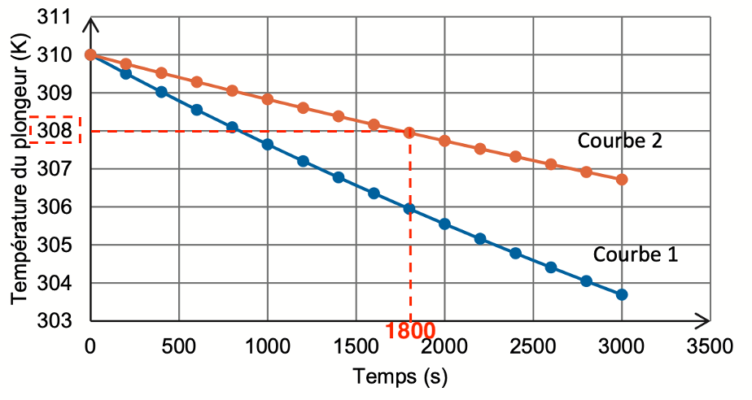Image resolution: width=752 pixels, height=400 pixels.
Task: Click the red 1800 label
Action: pyautogui.click(x=410, y=331)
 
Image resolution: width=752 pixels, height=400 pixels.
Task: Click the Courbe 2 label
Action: pyautogui.click(x=620, y=141)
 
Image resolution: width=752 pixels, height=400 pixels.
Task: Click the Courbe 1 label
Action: pyautogui.click(x=635, y=254)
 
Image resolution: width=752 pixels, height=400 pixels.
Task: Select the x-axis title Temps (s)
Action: pyautogui.click(x=400, y=377)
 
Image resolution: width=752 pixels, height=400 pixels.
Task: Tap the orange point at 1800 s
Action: pyautogui.click(x=409, y=133)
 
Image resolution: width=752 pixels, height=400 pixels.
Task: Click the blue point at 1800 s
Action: pyautogui.click(x=409, y=209)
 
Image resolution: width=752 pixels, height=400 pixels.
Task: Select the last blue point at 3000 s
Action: pyautogui.click(x=622, y=294)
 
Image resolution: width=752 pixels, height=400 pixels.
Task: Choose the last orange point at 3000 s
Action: pyautogui.click(x=622, y=179)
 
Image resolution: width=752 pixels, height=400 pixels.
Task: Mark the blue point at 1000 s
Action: pyautogui.click(x=267, y=145)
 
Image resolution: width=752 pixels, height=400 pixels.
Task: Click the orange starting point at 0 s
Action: pyautogui.click(x=90, y=55)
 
